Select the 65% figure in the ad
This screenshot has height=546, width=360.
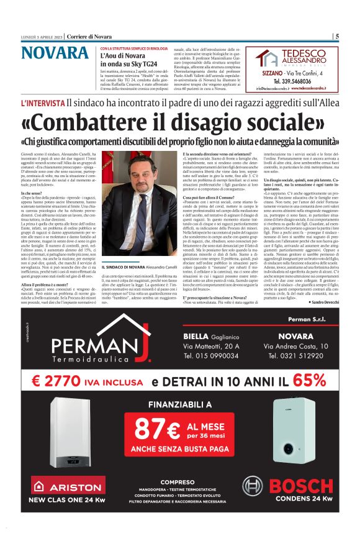point(304,381)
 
